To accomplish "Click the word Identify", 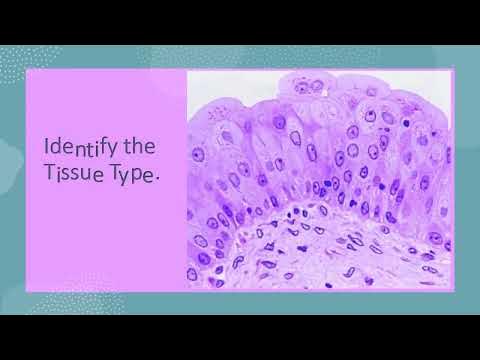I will [x=82, y=148].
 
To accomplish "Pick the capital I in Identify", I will [x=47, y=148].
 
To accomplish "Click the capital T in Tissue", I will [x=49, y=179].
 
